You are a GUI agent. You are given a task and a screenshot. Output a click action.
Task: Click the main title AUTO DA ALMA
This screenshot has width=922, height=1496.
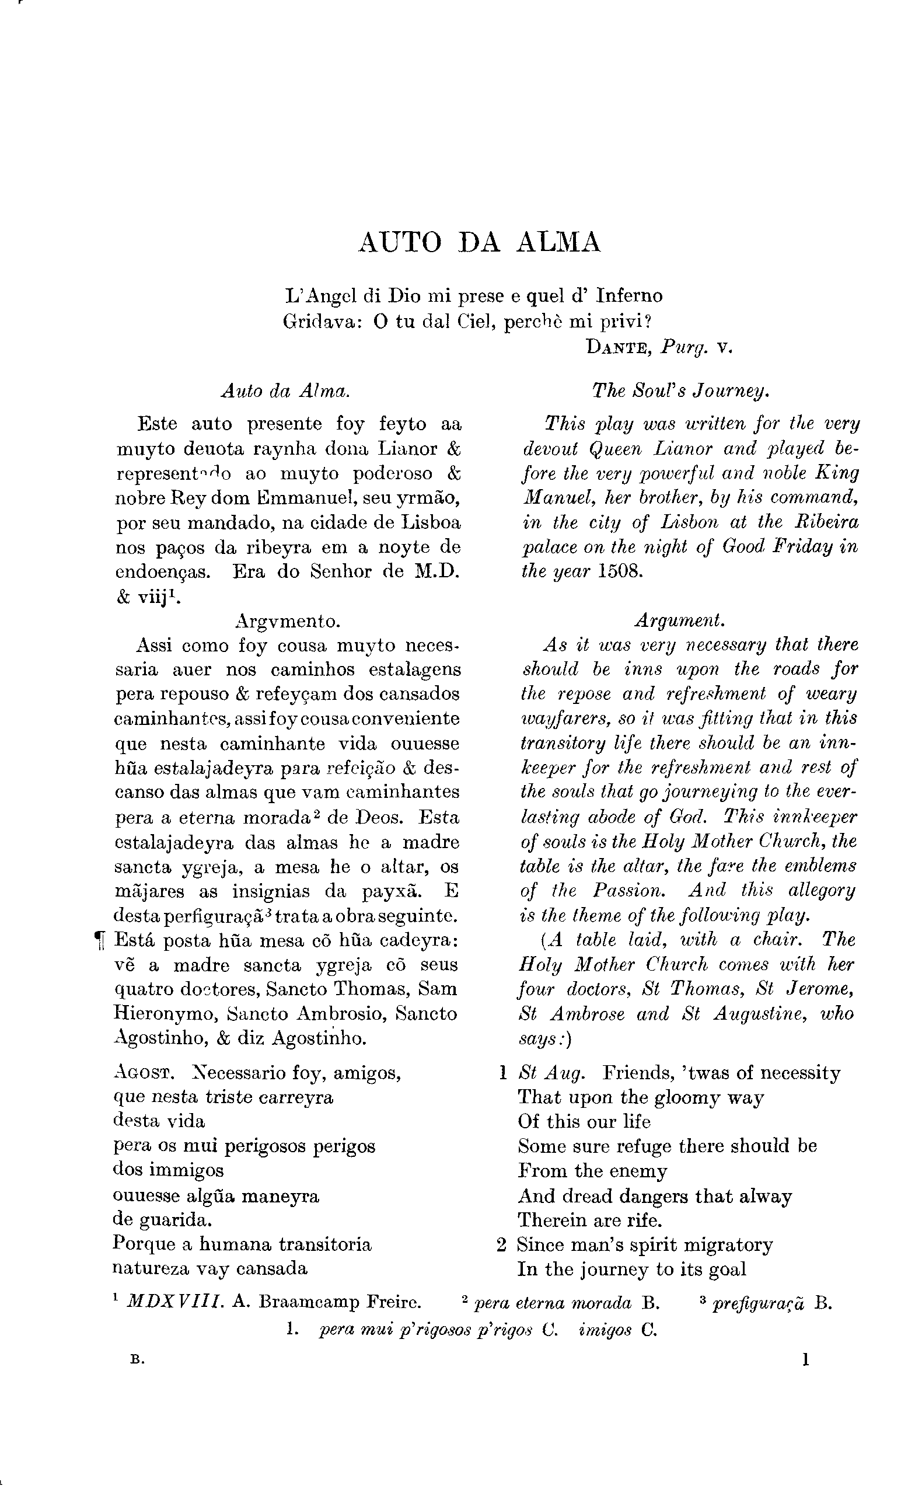tap(479, 243)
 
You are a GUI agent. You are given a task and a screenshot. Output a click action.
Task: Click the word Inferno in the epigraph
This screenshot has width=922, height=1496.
tap(629, 296)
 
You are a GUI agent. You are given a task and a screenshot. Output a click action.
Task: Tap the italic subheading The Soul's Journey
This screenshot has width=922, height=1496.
tap(680, 391)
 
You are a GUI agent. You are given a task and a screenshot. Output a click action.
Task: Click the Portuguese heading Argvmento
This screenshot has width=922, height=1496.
tap(287, 622)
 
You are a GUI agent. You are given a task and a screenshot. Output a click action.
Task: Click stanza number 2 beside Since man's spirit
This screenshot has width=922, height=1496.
tap(502, 1245)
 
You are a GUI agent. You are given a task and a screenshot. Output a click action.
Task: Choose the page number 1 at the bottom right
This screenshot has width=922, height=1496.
tap(806, 1360)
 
